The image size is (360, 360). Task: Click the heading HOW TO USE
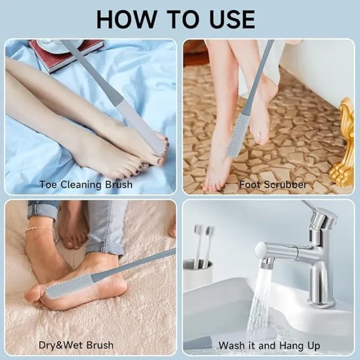[176, 19]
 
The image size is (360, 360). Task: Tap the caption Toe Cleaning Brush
[86, 185]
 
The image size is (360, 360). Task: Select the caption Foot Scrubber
[273, 185]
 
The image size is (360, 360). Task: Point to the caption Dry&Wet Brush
[76, 345]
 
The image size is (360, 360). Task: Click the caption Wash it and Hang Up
[269, 346]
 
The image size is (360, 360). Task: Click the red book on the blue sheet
[64, 55]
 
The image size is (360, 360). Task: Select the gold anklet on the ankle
[39, 229]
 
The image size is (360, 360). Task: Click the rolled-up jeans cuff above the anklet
[43, 210]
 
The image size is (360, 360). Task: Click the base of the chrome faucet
[321, 301]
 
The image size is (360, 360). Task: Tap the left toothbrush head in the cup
[199, 228]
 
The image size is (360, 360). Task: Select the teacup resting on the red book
[60, 44]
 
